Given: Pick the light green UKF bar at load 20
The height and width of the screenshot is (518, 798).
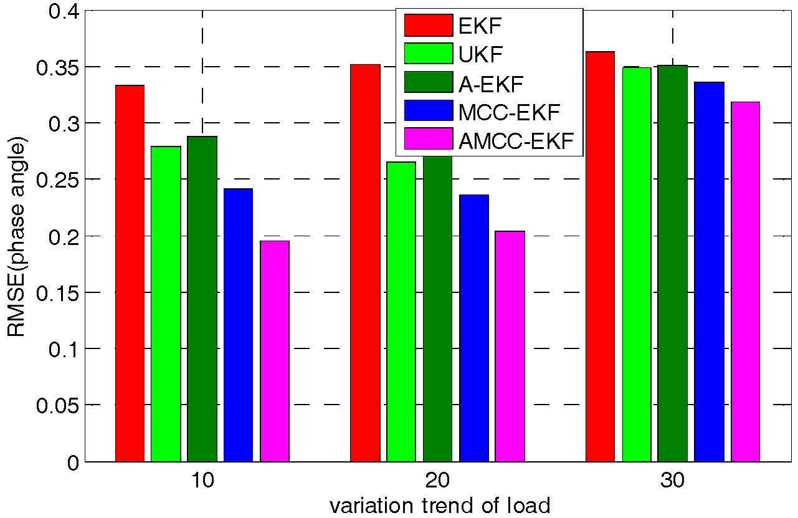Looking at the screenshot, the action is coord(401,312).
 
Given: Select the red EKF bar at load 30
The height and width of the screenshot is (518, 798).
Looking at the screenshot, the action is coord(600,256).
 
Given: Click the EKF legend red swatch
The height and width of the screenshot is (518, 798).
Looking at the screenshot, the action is coord(428,26).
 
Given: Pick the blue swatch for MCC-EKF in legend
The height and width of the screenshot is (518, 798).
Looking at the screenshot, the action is coord(428,112).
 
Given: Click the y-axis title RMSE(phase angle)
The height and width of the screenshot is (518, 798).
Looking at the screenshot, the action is coord(17,239).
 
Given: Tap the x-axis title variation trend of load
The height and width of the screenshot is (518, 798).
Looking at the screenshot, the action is coord(439,506).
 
